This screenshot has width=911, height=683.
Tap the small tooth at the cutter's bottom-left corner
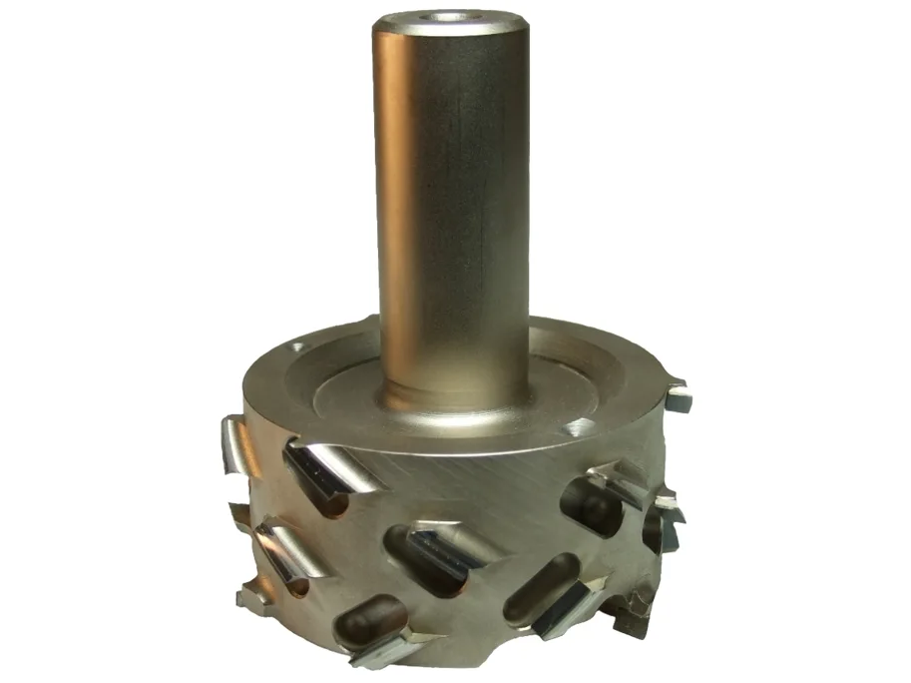249,597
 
